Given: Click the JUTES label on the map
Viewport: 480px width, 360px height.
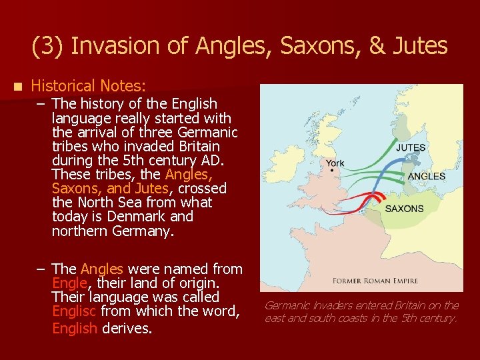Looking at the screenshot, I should tap(411, 147).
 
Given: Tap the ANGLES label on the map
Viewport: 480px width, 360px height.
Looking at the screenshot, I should tap(426, 176).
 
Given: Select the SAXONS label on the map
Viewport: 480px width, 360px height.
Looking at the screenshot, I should tap(404, 209).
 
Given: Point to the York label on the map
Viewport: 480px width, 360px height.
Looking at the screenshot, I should tap(335, 163).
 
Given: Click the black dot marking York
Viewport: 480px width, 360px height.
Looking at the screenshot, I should tap(332, 171).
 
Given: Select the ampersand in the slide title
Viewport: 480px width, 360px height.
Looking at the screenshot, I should tap(375, 46).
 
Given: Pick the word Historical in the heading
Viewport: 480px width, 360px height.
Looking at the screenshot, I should tap(63, 86).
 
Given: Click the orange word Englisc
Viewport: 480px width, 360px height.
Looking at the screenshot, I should tap(75, 311).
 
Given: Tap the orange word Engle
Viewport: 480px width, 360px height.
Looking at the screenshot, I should tap(68, 283).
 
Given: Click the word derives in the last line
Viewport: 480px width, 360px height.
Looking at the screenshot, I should tap(127, 329).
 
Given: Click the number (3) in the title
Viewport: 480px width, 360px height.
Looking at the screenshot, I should tap(48, 46).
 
